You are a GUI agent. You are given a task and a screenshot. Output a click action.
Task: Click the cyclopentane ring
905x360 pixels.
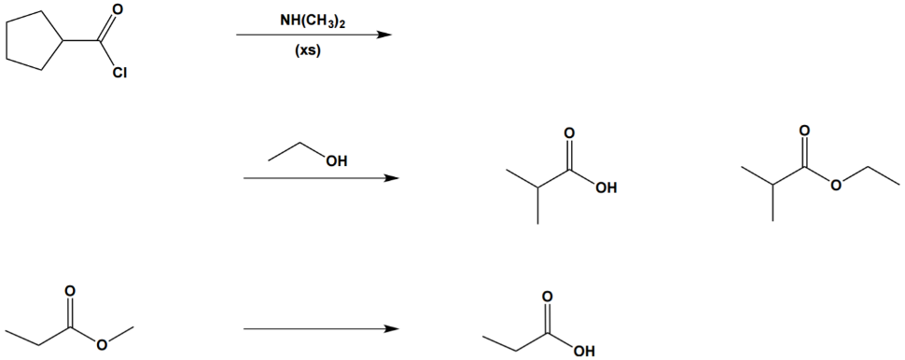point(33,43)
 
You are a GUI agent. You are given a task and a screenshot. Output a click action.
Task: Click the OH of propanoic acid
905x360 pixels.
point(583,352)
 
